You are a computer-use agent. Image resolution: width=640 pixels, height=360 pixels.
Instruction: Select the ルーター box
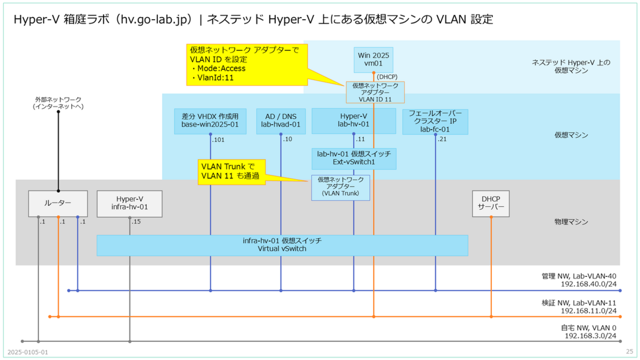(58, 203)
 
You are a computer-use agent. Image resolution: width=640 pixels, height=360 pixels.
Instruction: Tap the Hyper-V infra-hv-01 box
(129, 203)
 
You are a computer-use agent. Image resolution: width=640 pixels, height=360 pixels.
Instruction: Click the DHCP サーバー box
(490, 203)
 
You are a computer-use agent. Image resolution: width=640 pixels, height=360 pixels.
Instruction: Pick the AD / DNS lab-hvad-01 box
(281, 121)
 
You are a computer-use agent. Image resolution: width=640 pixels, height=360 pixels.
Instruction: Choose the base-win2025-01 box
(210, 121)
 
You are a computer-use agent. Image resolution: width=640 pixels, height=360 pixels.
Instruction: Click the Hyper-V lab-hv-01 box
(354, 121)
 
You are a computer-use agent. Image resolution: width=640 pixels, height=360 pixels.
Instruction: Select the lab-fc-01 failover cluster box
(435, 121)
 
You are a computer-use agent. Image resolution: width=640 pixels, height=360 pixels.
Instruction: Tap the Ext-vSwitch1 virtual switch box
(354, 159)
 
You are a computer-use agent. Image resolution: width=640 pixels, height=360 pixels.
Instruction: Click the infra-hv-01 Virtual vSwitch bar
(282, 245)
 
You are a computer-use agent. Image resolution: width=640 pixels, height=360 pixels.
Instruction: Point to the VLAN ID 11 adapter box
(375, 92)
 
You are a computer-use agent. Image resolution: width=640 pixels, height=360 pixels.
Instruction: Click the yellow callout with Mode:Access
(246, 64)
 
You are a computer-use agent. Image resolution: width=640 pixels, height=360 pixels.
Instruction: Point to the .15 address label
(136, 222)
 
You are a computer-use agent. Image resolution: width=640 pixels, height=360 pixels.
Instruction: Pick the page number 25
(629, 352)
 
